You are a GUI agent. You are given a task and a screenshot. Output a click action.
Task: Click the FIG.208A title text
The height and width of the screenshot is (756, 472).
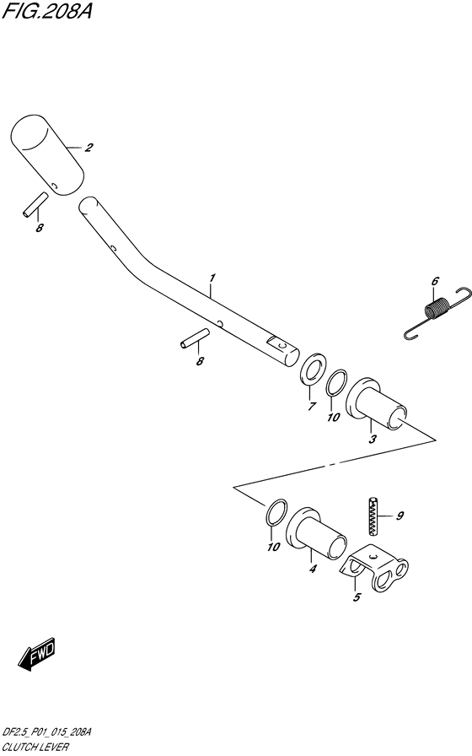click(x=46, y=10)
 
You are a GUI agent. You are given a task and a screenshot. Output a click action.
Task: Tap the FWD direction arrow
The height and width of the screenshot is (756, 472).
click(x=37, y=656)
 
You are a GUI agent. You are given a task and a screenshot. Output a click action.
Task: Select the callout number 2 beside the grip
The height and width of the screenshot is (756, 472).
click(x=88, y=148)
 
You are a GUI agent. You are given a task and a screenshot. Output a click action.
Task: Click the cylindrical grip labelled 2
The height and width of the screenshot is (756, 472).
click(x=47, y=155)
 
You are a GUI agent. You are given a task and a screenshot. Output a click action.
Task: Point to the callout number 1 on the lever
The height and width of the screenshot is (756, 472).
click(x=212, y=278)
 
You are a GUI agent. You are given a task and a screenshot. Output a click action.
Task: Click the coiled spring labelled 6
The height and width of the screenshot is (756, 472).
click(x=437, y=312)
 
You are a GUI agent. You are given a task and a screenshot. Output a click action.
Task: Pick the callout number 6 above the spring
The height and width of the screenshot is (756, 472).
click(x=435, y=281)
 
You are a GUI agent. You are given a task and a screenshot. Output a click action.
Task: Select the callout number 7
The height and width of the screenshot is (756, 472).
click(x=312, y=406)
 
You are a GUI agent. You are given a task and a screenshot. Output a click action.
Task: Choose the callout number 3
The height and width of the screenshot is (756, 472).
click(x=373, y=440)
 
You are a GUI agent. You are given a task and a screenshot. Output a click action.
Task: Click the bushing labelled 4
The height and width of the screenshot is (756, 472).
click(x=316, y=533)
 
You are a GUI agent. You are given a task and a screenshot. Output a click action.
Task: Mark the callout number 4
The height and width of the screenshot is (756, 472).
click(x=313, y=569)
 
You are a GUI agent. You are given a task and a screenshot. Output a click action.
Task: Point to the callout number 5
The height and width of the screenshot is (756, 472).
click(x=357, y=597)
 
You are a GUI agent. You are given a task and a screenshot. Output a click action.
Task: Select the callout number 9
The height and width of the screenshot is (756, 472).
click(x=400, y=516)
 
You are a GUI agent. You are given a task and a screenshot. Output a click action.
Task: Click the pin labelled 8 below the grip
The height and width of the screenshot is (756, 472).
click(x=35, y=205)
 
